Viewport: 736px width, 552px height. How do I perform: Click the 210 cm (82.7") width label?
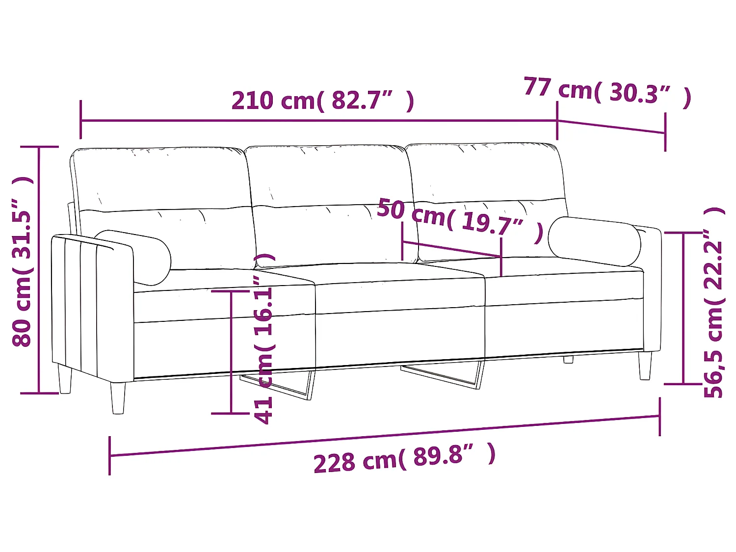322,101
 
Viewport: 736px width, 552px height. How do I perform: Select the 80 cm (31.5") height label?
23,262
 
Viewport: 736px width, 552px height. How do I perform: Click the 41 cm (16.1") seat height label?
264,339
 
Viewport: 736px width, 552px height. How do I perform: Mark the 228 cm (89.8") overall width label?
404,458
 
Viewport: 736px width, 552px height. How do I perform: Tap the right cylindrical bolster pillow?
594,241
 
